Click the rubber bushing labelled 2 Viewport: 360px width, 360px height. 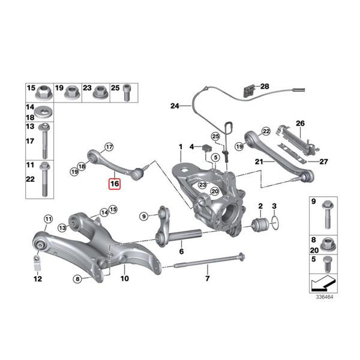tap(261, 227)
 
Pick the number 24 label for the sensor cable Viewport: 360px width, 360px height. tap(175, 106)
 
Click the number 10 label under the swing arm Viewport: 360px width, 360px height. tap(125, 278)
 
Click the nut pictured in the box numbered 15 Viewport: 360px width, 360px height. tap(43, 93)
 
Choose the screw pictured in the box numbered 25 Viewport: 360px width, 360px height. tap(127, 92)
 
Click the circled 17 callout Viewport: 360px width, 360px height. tap(109, 146)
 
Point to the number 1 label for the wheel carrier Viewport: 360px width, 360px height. tap(179, 146)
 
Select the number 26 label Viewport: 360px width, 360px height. tap(301, 124)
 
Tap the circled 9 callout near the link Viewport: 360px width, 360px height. tap(143, 216)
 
